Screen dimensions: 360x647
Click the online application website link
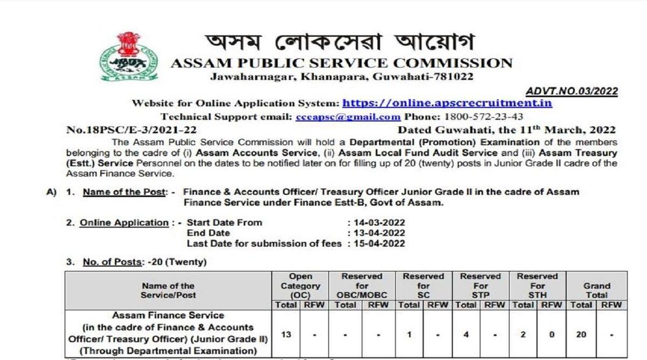pos(446,103)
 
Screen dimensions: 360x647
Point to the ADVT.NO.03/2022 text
pos(571,91)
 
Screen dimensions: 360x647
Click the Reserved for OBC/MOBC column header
pos(362,286)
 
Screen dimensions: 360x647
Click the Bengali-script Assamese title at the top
pos(339,43)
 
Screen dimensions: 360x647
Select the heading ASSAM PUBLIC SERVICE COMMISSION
pos(341,63)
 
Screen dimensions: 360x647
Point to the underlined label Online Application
pos(124,223)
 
